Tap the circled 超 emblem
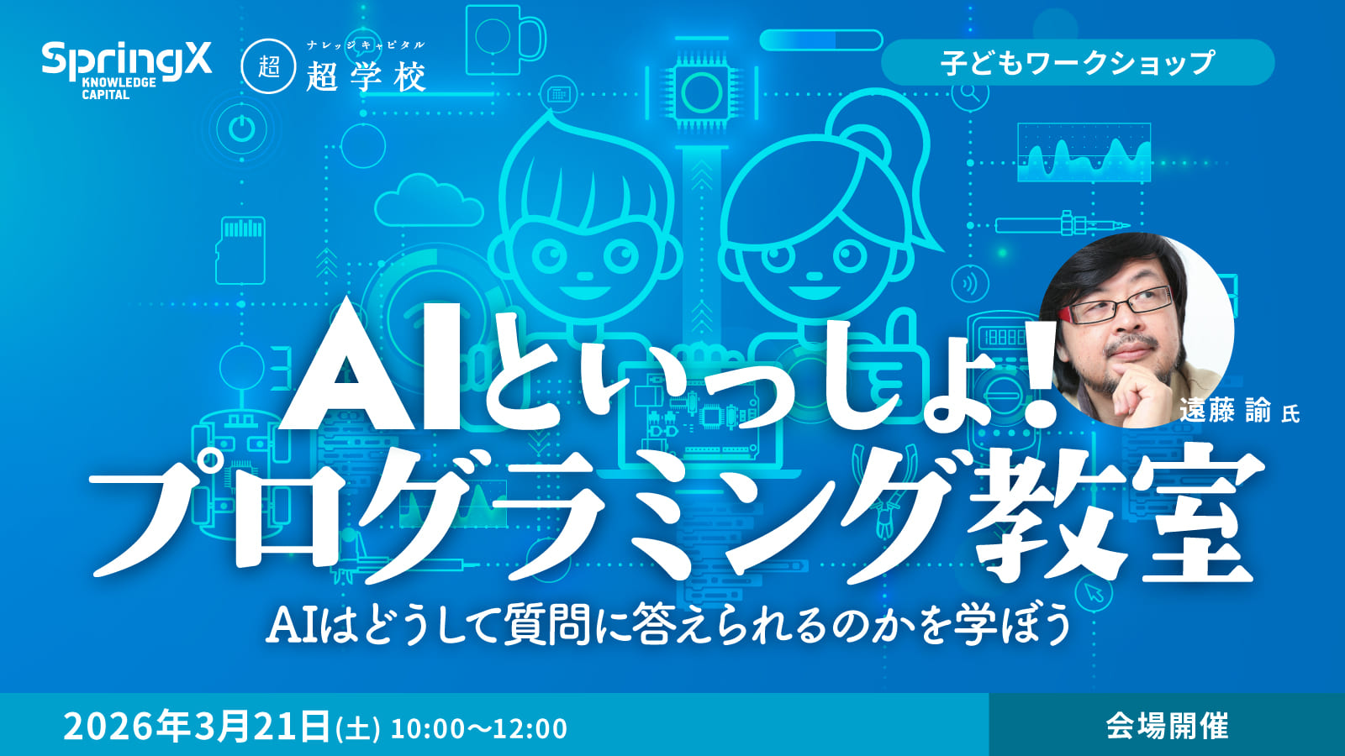point(268,66)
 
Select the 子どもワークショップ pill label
point(1077,63)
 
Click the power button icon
point(241,129)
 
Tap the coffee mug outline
point(504,38)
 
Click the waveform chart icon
point(1084,152)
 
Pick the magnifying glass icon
point(971,93)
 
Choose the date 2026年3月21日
point(197,727)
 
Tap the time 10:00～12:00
point(479,728)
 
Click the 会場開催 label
point(1167,726)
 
